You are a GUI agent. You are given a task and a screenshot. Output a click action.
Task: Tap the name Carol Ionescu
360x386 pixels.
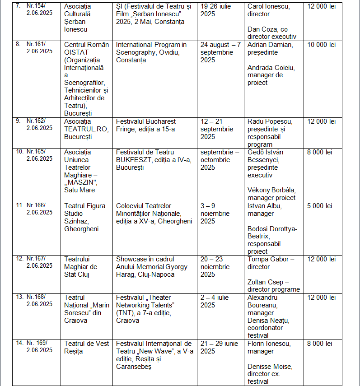coord(268,7)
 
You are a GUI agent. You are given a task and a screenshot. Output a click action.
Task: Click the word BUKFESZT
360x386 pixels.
coord(133,160)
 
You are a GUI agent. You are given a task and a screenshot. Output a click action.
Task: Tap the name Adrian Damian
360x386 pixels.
coord(270,45)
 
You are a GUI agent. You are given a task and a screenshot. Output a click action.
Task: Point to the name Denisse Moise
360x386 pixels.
coord(270,366)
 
